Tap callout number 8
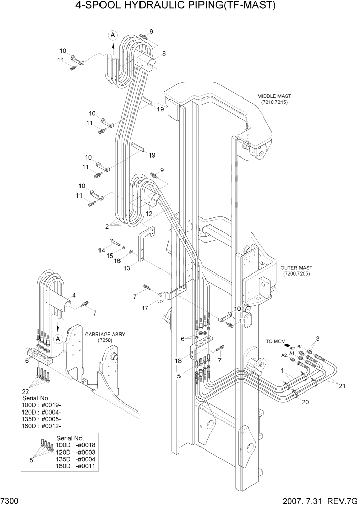pos(164,53)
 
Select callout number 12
pos(148,213)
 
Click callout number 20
pos(305,402)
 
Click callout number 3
pos(317,338)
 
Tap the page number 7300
pos(11,500)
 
